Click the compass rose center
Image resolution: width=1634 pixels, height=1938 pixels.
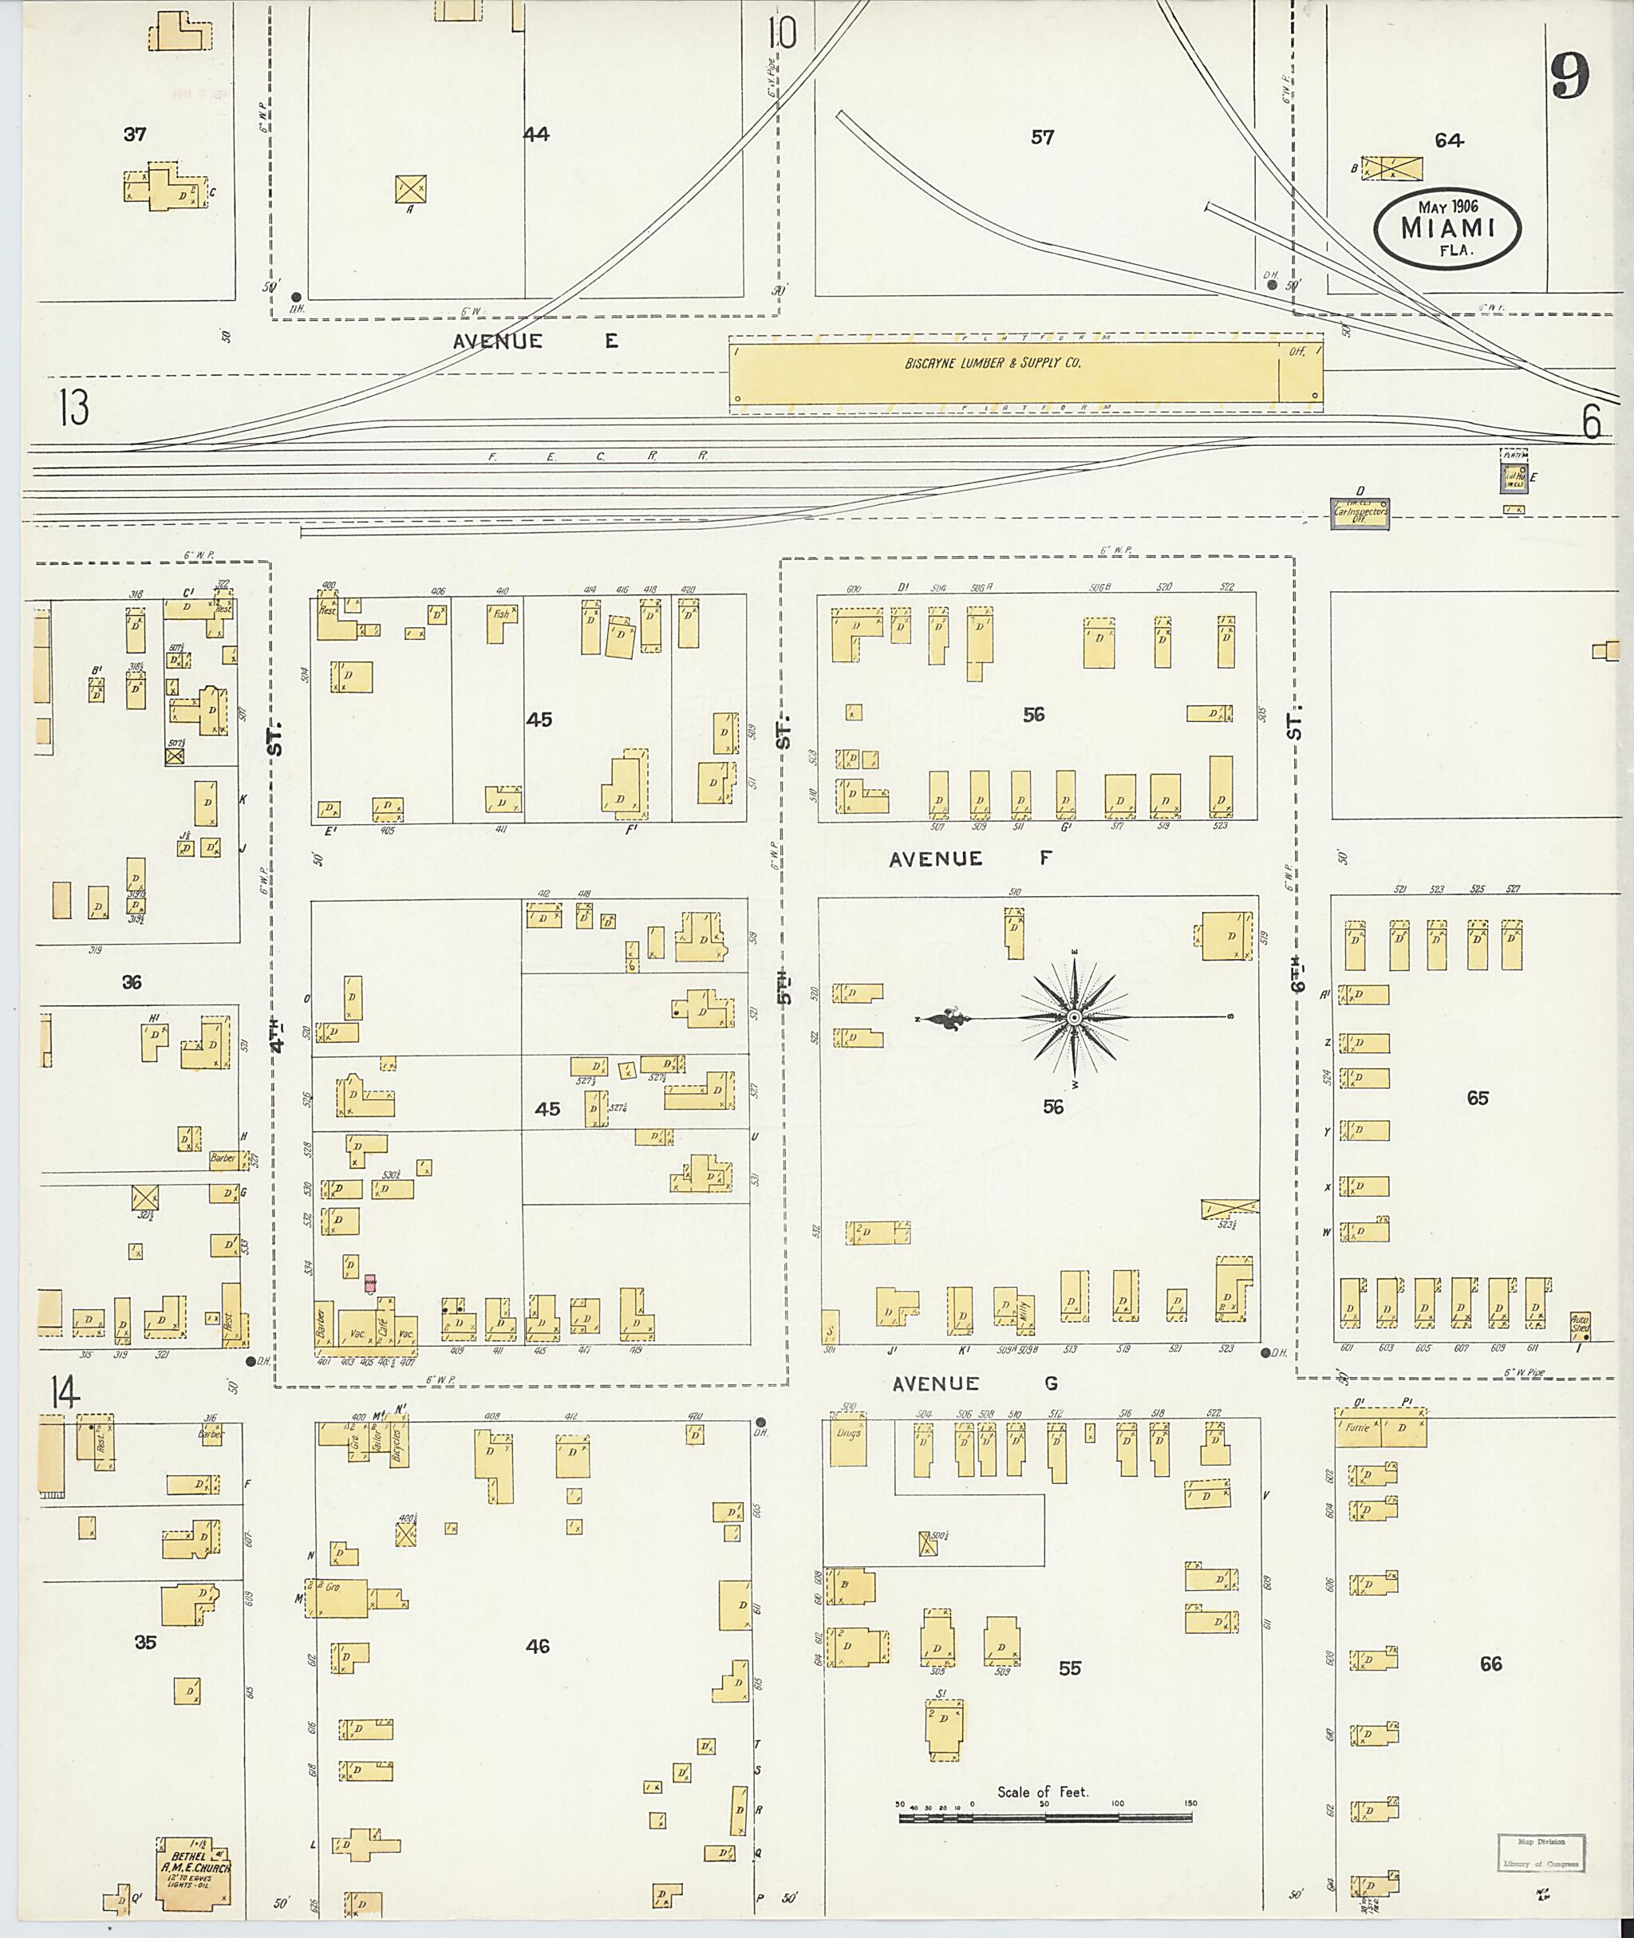point(1074,1018)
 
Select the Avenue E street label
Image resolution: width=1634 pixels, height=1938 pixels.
point(535,341)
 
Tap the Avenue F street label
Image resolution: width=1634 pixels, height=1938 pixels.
point(971,858)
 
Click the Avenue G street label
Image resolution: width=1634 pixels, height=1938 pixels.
point(973,1383)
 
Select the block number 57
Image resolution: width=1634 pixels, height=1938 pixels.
point(1042,137)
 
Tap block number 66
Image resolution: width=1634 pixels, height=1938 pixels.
point(1490,1664)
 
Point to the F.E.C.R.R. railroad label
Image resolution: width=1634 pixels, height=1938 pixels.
point(598,456)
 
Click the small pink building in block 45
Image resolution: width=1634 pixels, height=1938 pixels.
point(370,1282)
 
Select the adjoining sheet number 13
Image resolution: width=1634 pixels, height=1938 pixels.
point(73,408)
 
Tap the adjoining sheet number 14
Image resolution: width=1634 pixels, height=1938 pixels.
point(65,1393)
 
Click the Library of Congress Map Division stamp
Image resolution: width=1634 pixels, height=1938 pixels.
point(1540,1853)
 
